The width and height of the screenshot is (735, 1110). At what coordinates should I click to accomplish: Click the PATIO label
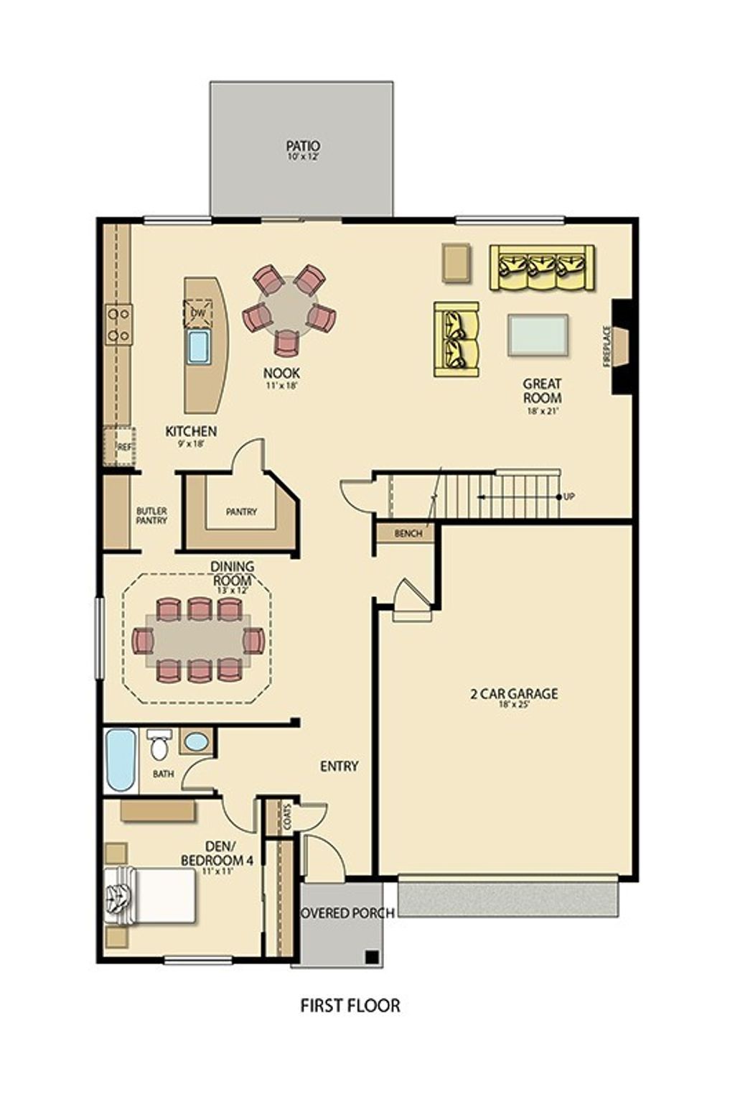[x=302, y=147]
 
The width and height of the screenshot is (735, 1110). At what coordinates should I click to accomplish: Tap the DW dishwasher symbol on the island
[x=198, y=313]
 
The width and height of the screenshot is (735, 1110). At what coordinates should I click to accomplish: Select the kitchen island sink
[x=198, y=347]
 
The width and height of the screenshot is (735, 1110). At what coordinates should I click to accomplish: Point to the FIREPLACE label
[x=607, y=346]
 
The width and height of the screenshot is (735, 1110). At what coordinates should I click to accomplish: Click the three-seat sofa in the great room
[x=542, y=267]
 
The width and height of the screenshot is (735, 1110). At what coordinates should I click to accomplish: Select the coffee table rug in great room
[x=538, y=335]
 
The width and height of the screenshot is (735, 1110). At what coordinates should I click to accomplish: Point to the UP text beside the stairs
[x=570, y=496]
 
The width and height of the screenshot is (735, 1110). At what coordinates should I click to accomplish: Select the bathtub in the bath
[x=121, y=759]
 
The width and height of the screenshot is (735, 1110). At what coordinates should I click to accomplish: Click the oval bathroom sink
[x=195, y=741]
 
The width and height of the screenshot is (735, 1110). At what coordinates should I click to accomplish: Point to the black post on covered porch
[x=371, y=956]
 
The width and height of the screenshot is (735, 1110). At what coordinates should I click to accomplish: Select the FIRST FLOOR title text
[x=350, y=1005]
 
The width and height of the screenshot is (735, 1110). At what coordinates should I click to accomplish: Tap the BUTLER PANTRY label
[x=151, y=515]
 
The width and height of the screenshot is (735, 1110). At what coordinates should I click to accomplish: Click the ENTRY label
[x=339, y=766]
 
